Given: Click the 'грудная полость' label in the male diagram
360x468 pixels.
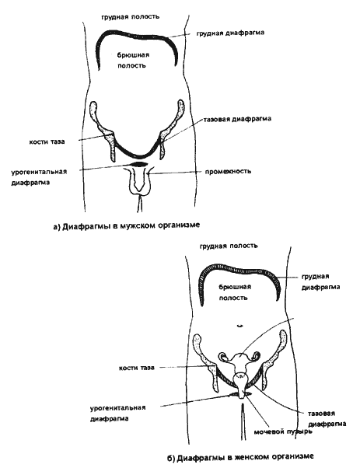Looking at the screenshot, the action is (x=130, y=16).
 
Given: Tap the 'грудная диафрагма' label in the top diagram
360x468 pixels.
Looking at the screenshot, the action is (x=230, y=33).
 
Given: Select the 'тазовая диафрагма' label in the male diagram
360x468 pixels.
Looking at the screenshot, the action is (x=237, y=119).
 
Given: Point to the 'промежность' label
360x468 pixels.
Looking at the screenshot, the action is (x=228, y=171).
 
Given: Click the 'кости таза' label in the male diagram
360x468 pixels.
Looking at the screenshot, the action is (x=47, y=141).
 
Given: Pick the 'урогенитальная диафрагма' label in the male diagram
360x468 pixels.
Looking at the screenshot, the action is (x=39, y=177).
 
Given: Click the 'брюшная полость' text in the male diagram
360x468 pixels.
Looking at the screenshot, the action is (x=133, y=60).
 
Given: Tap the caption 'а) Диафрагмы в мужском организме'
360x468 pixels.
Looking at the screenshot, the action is (x=126, y=225).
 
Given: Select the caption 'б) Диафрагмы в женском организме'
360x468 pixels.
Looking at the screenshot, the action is (x=240, y=457).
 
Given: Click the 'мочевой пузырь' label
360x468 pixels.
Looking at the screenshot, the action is (x=283, y=431).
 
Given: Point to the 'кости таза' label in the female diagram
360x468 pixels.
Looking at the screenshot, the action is (x=137, y=368).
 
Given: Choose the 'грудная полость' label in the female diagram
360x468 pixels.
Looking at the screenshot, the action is (x=229, y=246).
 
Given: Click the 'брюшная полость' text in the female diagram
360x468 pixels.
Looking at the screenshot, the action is (x=235, y=292).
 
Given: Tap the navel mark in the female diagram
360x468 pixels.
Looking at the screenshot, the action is (x=239, y=326).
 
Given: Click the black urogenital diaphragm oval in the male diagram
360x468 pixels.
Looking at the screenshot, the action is (x=139, y=163).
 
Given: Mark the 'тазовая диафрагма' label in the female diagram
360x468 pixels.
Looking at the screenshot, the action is (x=327, y=419).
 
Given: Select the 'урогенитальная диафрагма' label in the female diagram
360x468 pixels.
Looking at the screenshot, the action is (x=118, y=413).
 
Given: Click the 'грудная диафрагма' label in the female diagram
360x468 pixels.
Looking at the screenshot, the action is (x=320, y=281).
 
